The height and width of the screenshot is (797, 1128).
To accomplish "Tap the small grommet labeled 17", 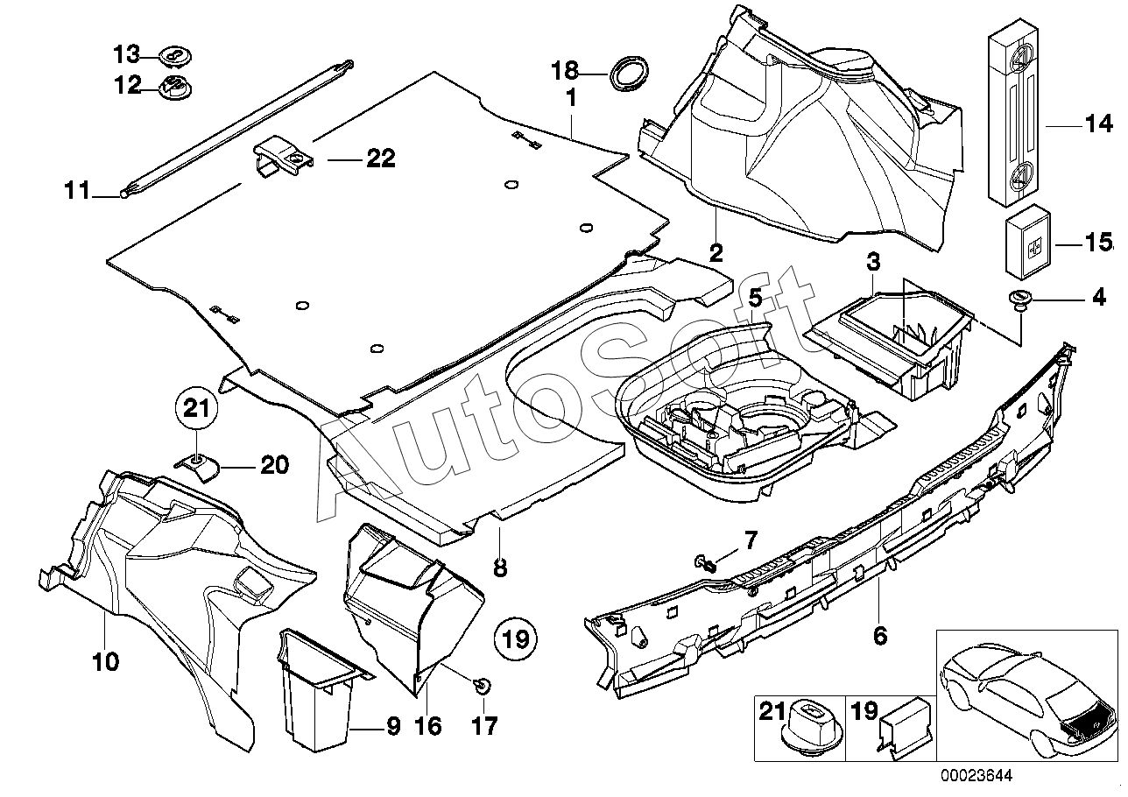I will point(481,685).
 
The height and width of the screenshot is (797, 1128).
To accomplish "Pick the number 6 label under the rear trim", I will point(880,636).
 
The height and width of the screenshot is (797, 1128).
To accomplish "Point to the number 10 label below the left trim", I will point(105,661).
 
